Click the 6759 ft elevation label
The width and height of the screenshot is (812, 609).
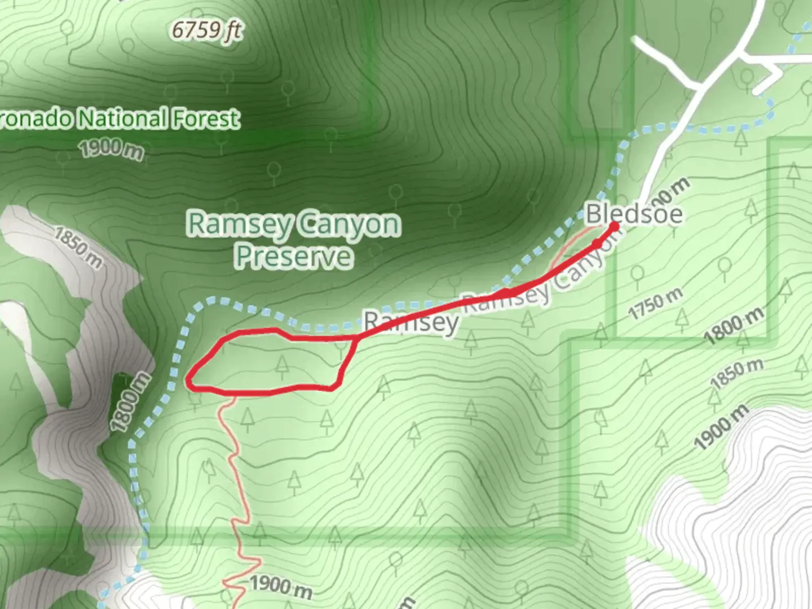tap(207, 30)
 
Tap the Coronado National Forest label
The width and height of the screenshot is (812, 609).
tap(120, 119)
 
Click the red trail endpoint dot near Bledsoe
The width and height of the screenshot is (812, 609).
tap(615, 227)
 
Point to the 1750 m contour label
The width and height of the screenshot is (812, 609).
tap(655, 303)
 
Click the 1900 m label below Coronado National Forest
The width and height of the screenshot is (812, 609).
tap(111, 149)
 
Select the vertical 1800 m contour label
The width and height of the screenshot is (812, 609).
tap(130, 402)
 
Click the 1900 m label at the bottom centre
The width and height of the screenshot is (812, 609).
tap(280, 586)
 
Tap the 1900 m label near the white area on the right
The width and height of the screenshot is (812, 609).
tap(722, 427)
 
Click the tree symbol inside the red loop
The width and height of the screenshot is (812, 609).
tap(282, 367)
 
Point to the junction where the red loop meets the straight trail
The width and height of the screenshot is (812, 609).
tap(356, 337)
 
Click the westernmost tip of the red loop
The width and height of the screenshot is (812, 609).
tap(188, 379)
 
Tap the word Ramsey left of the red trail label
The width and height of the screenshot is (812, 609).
tap(410, 323)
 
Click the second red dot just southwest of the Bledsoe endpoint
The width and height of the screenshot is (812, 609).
tap(597, 244)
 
